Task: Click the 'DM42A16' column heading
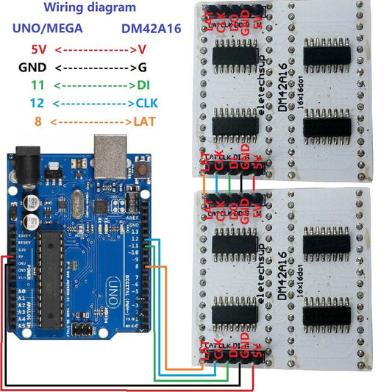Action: pyautogui.click(x=152, y=29)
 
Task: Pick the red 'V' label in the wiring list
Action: pyautogui.click(x=142, y=50)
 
